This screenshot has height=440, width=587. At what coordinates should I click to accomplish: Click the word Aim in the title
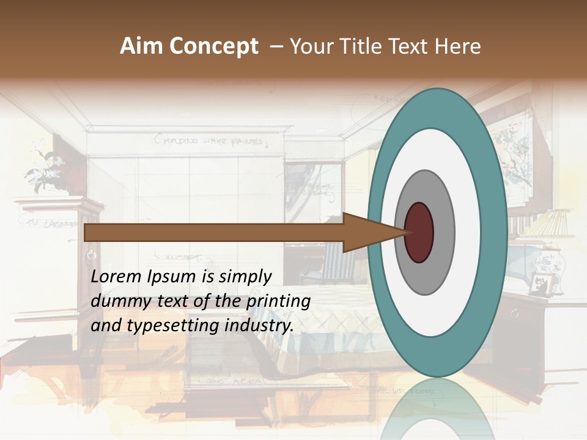pos(140,46)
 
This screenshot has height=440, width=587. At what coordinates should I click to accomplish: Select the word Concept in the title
pos(213,47)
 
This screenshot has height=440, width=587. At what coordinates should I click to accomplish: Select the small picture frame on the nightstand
pos(541,283)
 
